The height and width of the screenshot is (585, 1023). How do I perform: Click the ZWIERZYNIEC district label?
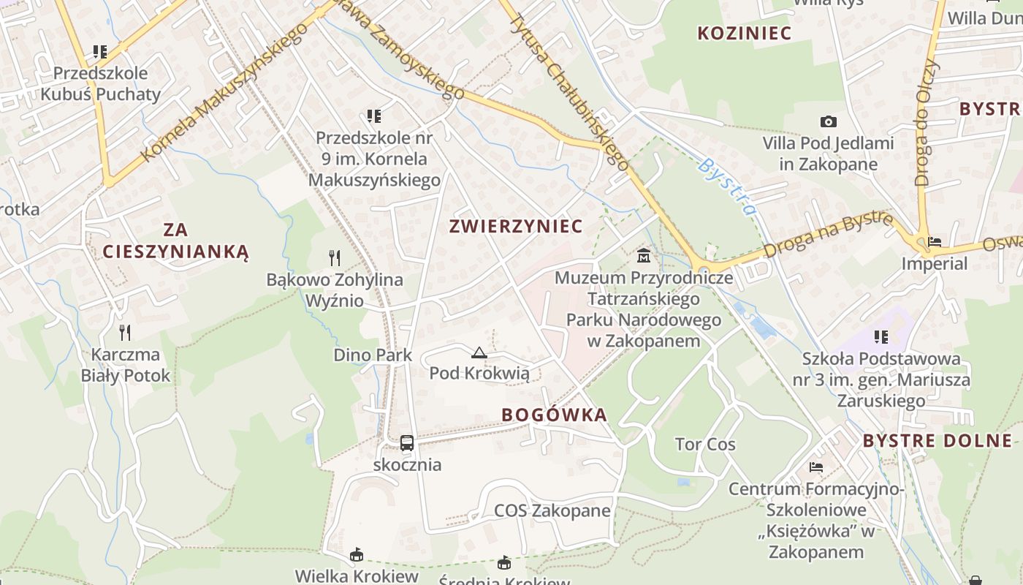516,226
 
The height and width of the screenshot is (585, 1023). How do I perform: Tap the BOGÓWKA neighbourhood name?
555,415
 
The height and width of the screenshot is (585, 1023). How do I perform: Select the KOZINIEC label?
745,33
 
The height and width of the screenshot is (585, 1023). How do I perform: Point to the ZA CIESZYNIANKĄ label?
175,241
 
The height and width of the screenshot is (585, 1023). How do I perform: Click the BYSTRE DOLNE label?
938,440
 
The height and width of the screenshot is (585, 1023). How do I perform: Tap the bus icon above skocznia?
407,443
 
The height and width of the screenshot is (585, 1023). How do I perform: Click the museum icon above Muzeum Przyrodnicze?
644,256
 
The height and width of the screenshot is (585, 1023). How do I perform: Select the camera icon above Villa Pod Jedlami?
828,121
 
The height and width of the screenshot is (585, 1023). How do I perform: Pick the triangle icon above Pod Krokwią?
479,353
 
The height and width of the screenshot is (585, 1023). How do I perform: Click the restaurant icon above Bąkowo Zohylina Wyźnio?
335,257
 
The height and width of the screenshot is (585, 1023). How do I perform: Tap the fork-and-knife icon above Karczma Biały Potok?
126,333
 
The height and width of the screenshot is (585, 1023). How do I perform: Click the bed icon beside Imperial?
934,242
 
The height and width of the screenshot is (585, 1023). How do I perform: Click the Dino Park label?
373,355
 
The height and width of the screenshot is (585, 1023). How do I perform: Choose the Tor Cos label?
705,445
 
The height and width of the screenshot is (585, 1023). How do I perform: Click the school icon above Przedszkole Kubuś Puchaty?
100,52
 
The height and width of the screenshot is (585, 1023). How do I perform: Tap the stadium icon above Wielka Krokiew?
357,555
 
